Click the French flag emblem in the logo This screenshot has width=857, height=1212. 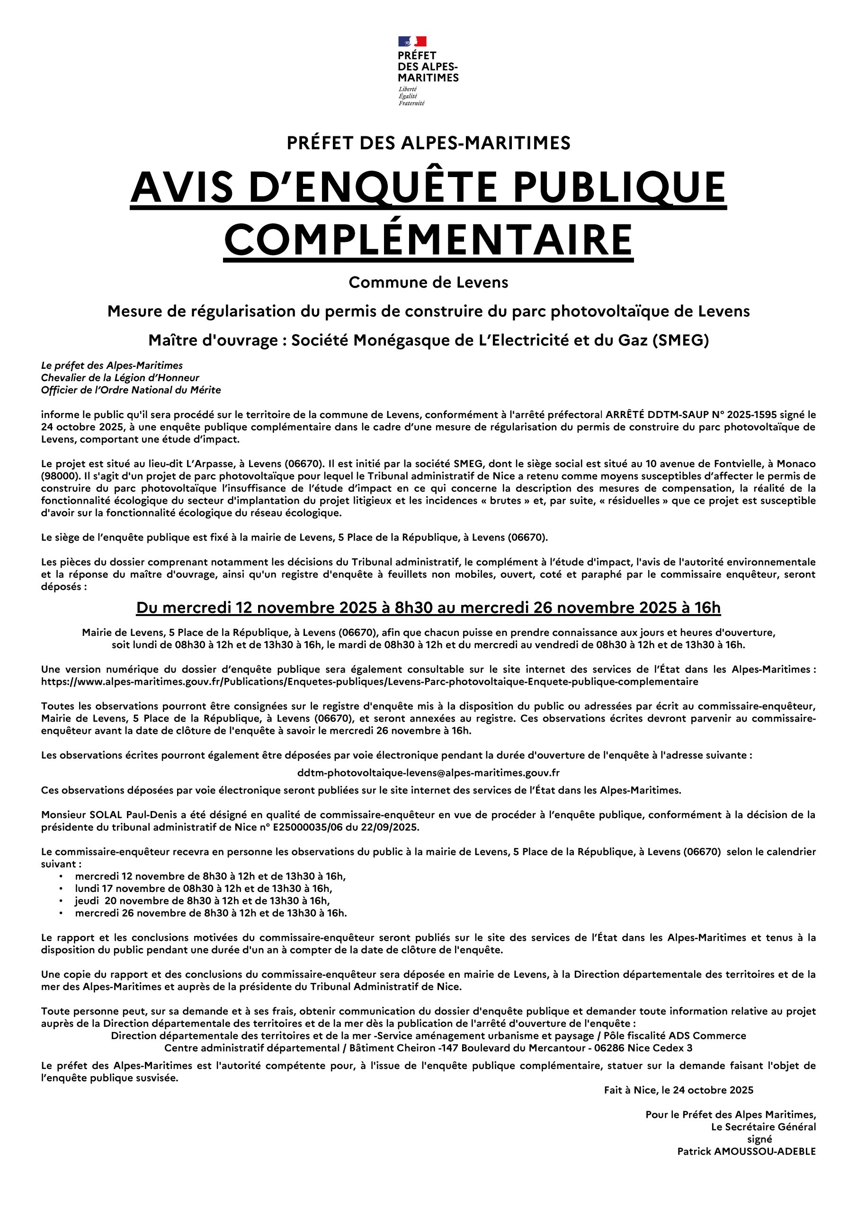click(412, 41)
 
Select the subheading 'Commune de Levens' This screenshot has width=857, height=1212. click(428, 283)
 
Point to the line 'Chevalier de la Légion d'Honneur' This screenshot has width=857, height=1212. click(120, 377)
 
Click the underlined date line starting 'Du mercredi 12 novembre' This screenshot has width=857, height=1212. click(428, 608)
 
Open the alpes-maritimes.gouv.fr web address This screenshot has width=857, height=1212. click(370, 681)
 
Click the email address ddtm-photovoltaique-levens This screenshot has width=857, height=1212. click(428, 773)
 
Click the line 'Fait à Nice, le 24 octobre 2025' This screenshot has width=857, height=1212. click(678, 1090)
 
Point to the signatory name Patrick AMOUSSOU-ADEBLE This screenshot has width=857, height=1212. click(746, 1151)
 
